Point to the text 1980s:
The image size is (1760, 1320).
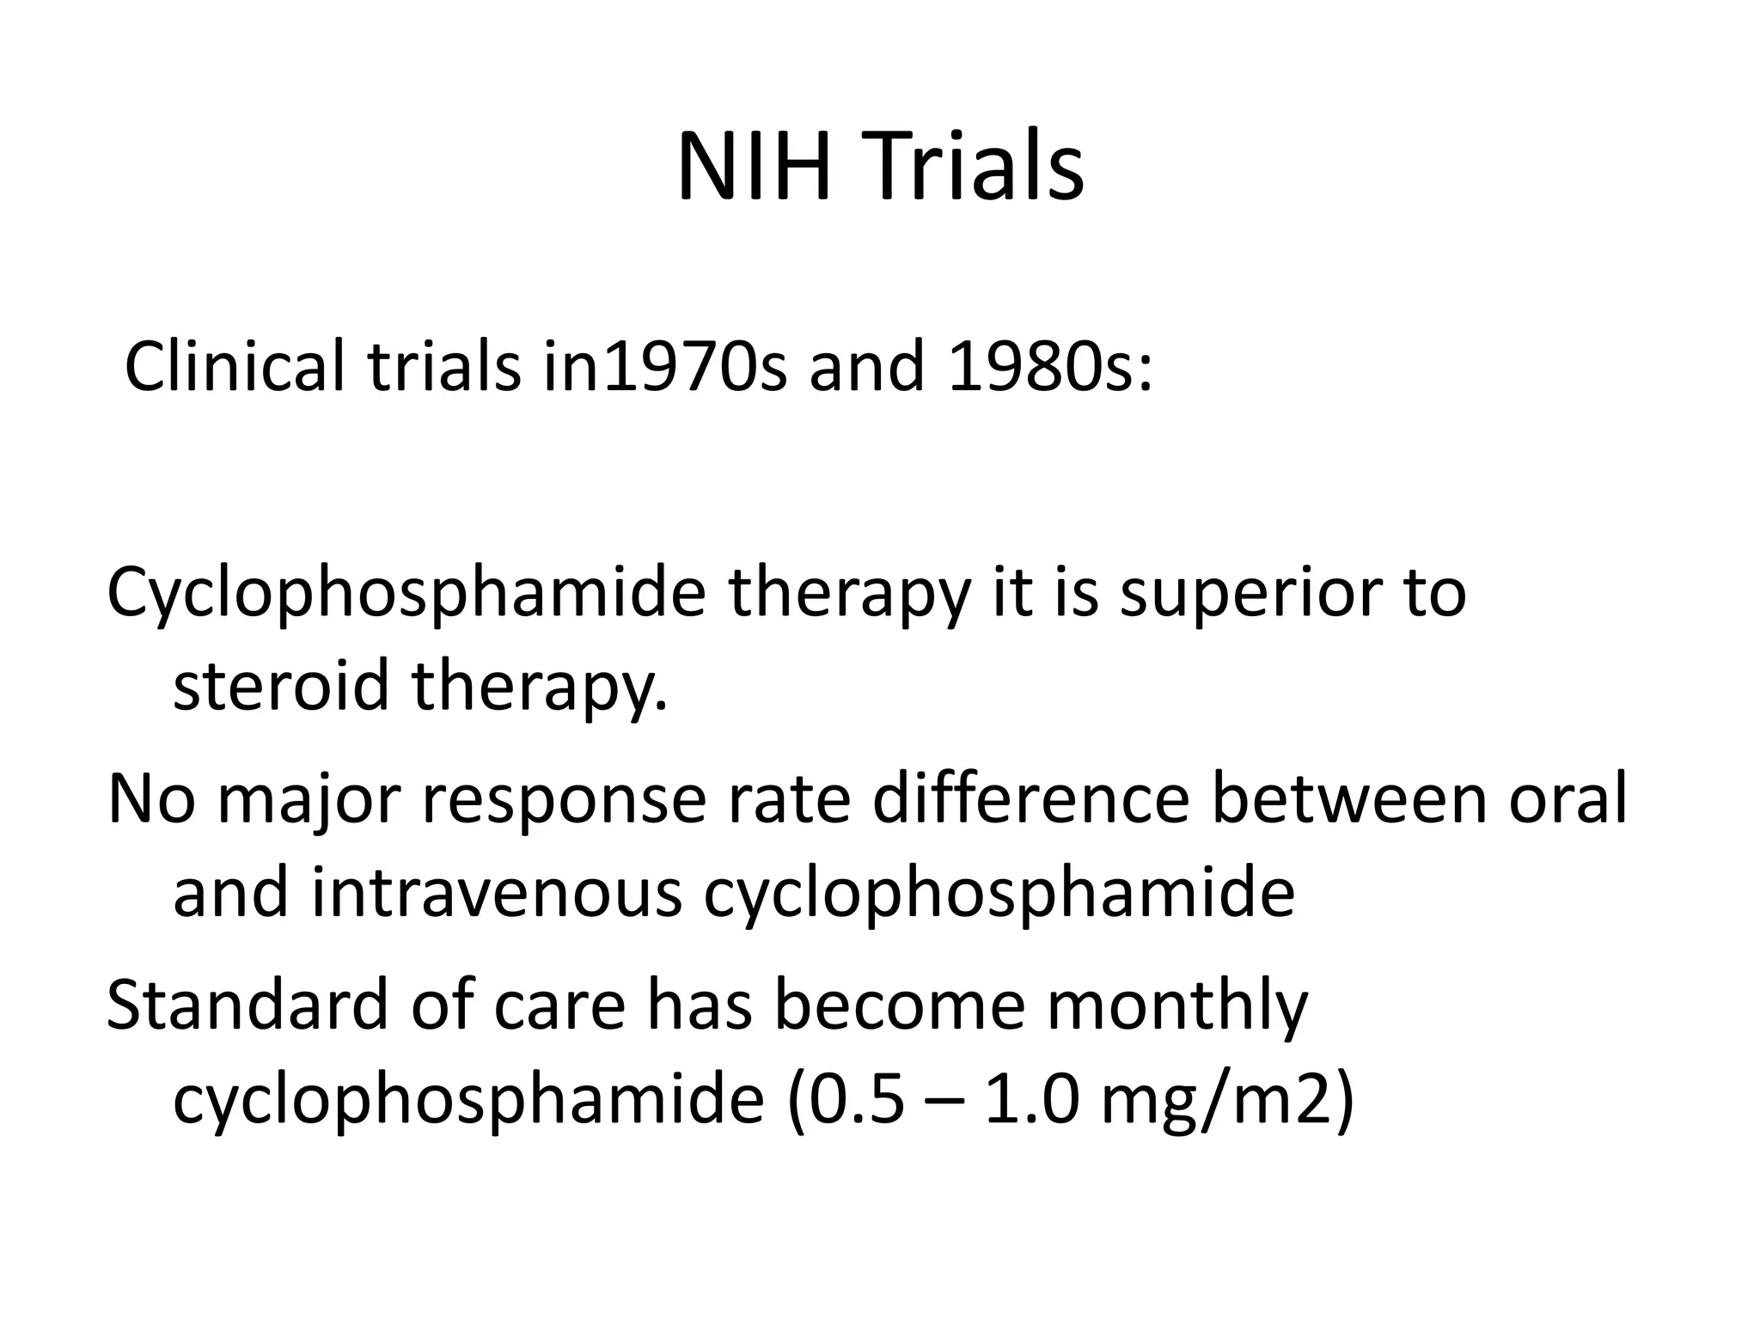pos(1050,367)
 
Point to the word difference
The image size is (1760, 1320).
pos(1030,799)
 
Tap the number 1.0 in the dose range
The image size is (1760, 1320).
pos(1030,1100)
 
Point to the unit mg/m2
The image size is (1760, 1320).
pos(1211,1102)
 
